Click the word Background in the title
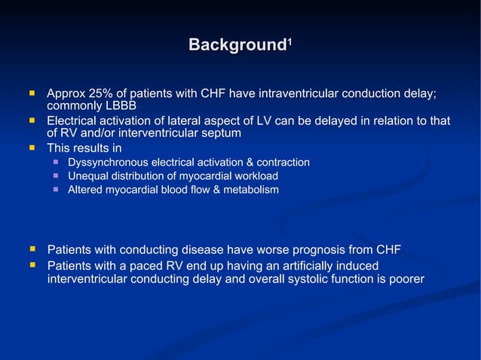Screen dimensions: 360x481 [236, 45]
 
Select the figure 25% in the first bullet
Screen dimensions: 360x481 [100, 93]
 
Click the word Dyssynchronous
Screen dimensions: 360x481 [109, 163]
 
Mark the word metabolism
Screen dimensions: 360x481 [251, 190]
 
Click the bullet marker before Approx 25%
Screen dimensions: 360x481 [32, 94]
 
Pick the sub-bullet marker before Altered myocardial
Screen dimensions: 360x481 [56, 190]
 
